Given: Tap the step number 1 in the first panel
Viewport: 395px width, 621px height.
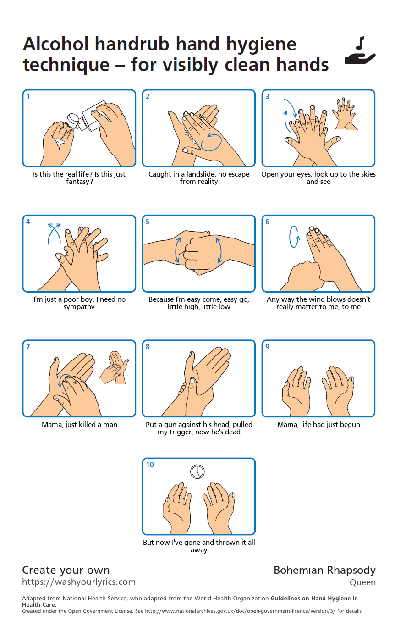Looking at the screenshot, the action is click(28, 96).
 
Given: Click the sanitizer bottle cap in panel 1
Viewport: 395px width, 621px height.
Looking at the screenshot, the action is click(73, 119).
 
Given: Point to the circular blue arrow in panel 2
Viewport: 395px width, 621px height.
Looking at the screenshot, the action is click(211, 142).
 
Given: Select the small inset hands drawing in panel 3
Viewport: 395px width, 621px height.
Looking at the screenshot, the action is click(344, 114).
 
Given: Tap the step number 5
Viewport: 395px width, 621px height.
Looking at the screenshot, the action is click(148, 222).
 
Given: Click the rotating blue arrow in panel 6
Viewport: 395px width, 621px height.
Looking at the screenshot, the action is click(294, 237).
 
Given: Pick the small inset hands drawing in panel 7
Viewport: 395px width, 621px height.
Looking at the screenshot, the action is click(114, 368).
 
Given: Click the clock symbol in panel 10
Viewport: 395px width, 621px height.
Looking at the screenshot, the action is click(197, 471).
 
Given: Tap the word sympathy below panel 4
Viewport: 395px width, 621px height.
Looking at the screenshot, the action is click(79, 307).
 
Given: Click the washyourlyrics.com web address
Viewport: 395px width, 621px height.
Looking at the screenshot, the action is click(79, 582).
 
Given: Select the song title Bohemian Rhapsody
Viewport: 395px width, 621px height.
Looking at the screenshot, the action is click(324, 571).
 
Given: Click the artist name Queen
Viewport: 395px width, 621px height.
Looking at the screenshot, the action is click(362, 582).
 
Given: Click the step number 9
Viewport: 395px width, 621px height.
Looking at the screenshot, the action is click(267, 347).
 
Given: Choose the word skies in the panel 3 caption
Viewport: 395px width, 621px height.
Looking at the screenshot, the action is click(368, 174).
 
